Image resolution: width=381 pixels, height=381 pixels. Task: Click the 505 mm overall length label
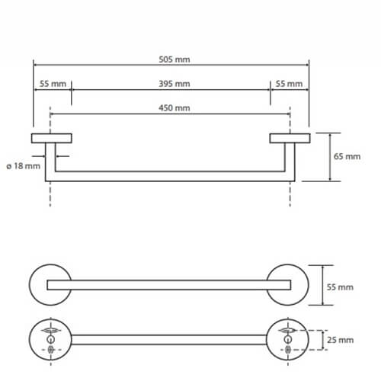point(174,59)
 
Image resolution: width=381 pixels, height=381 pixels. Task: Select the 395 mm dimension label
point(174,84)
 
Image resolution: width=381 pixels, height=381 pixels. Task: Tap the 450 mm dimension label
point(174,107)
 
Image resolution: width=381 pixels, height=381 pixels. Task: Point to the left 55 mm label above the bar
point(53,84)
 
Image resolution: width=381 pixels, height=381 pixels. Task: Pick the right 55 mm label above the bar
point(289,84)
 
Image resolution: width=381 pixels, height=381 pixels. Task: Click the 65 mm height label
point(347,156)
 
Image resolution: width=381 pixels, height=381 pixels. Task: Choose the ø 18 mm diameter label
point(23,166)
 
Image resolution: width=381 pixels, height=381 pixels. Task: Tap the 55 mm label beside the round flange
point(340,287)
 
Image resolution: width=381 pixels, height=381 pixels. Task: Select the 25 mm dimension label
point(340,340)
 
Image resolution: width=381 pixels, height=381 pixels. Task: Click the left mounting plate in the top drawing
point(52,138)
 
